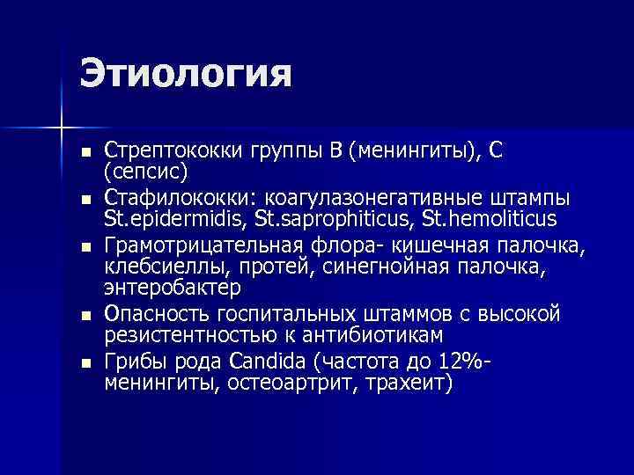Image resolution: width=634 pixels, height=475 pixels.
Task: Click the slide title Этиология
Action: (x=185, y=73)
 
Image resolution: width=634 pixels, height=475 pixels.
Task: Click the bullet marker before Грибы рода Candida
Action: (x=85, y=362)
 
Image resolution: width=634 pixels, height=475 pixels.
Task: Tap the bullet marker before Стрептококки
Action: (x=85, y=150)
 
